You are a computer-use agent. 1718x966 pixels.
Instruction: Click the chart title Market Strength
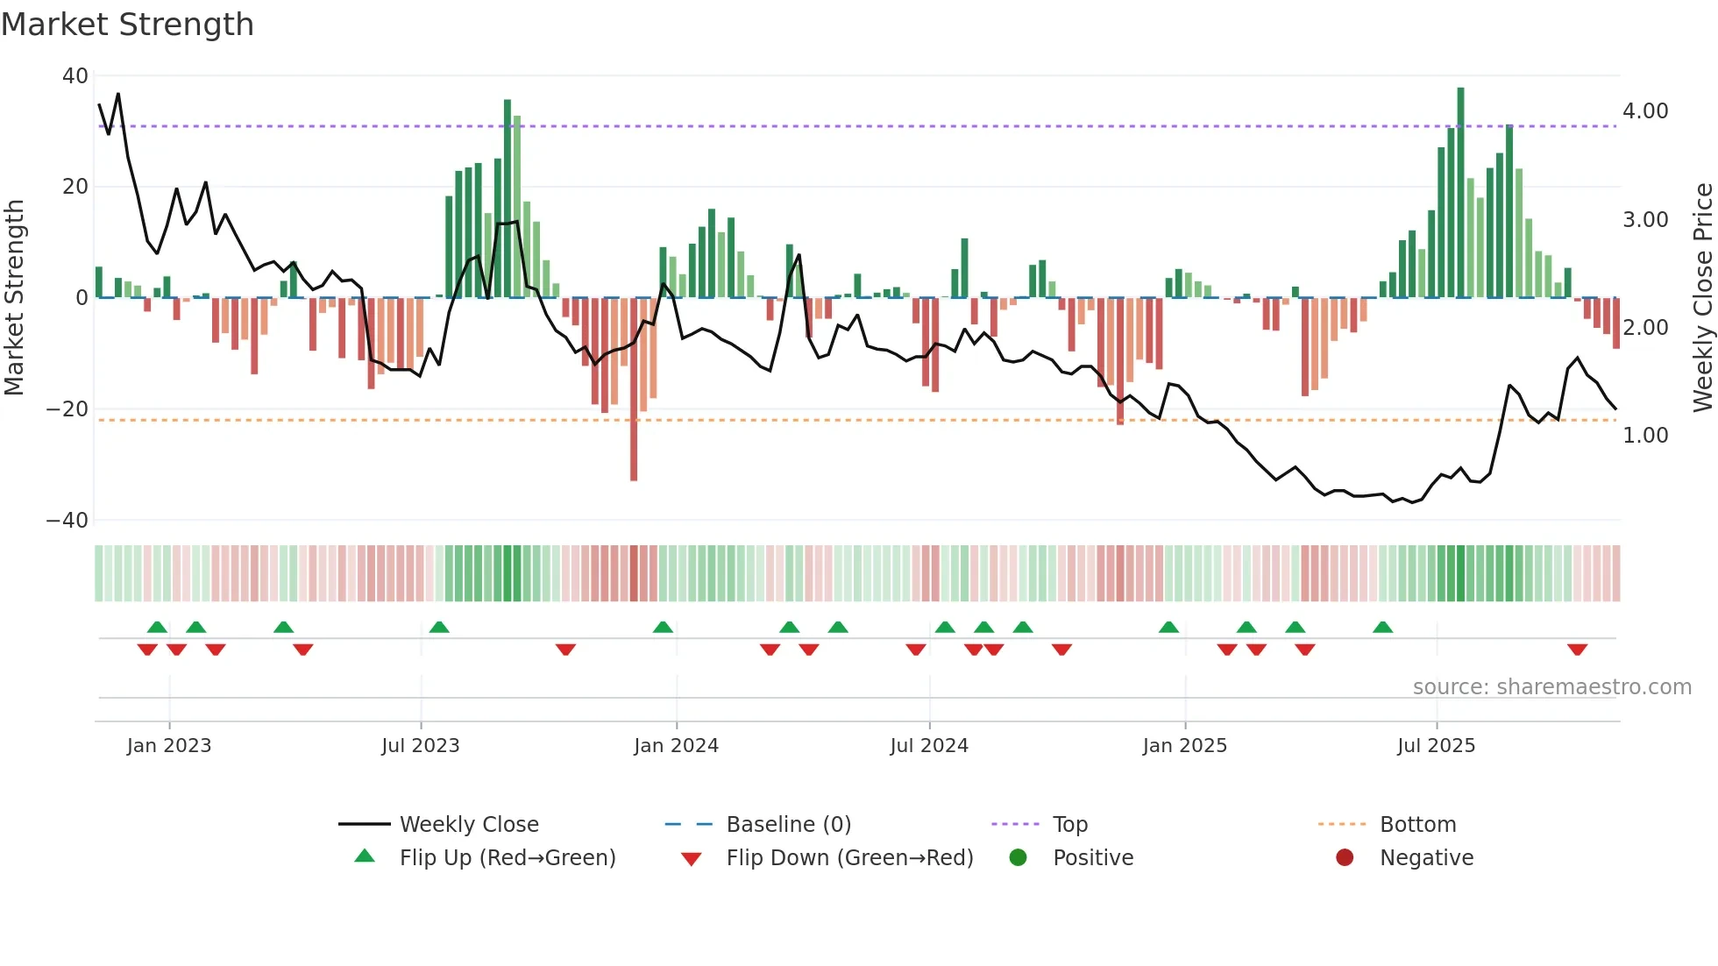coord(127,25)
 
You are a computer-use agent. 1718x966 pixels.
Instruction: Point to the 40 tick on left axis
coord(75,76)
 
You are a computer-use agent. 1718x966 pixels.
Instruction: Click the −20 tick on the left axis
coord(67,409)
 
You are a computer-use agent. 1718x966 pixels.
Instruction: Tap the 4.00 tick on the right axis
coord(1645,111)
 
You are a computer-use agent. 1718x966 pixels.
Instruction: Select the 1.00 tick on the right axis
coord(1645,436)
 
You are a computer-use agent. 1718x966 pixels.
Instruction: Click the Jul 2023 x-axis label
coord(421,746)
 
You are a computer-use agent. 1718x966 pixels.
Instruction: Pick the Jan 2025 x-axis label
coord(1185,746)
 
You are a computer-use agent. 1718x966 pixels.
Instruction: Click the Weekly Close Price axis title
coord(1702,297)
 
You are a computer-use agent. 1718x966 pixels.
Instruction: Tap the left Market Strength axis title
coord(15,297)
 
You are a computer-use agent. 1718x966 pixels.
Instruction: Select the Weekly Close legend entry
coord(469,825)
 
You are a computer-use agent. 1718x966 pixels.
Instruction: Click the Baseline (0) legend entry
coord(788,825)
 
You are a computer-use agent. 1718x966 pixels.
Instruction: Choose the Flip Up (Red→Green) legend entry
coord(508,858)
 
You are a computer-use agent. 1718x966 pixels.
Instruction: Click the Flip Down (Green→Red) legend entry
coord(849,858)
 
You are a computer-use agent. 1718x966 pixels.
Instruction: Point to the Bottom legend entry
coord(1417,825)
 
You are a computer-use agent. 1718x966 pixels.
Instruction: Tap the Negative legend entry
coord(1426,858)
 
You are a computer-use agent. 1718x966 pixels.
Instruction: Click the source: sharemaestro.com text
coord(1551,687)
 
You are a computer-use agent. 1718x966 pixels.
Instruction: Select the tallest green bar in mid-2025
coord(1460,193)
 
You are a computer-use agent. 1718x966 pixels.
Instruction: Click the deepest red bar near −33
coord(634,390)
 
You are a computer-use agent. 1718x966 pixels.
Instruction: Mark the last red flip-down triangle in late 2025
coord(1578,650)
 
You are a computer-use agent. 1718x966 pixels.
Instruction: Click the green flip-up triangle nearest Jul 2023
coord(439,627)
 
